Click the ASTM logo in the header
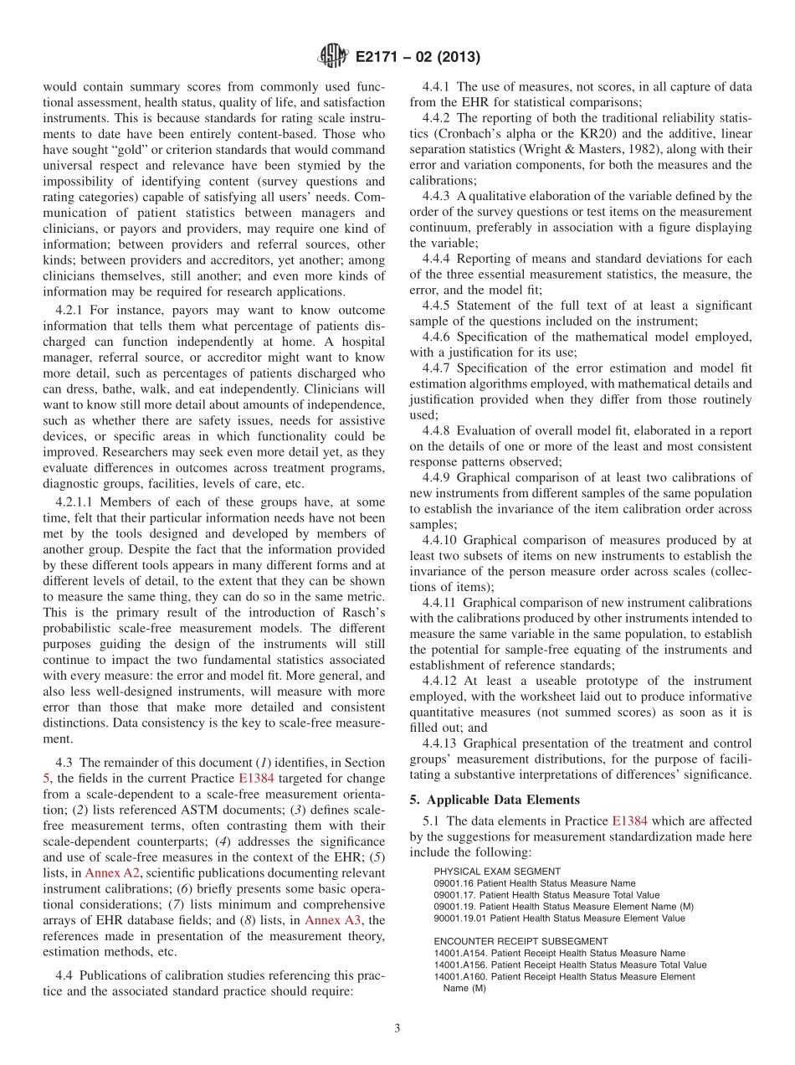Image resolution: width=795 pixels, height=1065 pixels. coord(333,58)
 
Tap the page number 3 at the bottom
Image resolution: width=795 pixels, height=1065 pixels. coord(397,1028)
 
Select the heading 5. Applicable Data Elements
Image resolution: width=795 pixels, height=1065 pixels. coord(495,800)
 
